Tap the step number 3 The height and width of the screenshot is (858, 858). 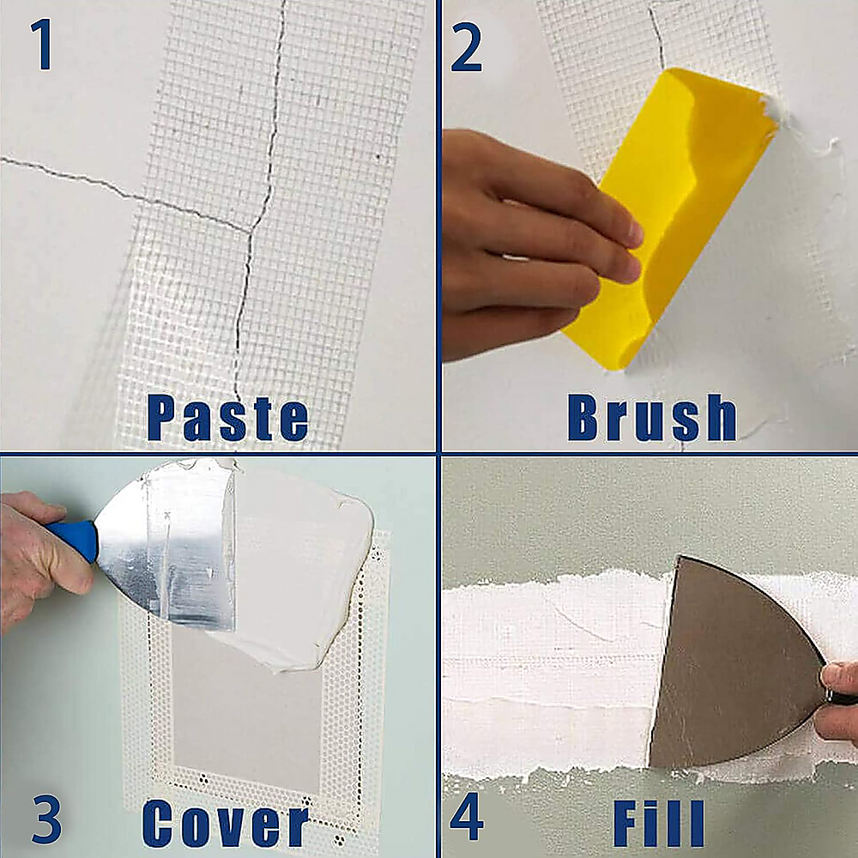click(46, 819)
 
